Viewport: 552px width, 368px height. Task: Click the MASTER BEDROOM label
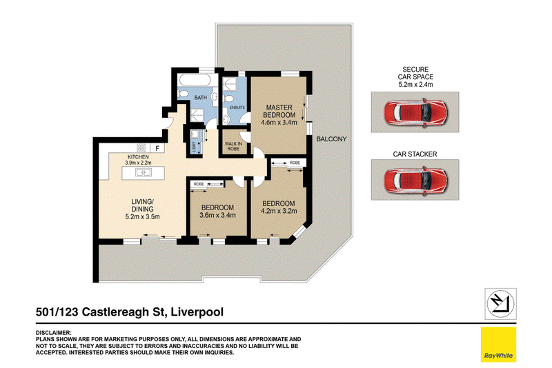279,111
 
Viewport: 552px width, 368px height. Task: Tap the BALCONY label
331,139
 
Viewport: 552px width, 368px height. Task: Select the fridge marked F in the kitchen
157,148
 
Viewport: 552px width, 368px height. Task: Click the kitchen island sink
144,172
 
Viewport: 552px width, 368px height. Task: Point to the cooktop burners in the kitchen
141,147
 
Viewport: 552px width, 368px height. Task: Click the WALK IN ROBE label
233,146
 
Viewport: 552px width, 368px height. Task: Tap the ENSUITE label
237,108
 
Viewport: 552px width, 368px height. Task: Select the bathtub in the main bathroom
195,80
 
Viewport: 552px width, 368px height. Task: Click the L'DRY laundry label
194,147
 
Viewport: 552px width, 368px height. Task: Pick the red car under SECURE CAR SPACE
415,113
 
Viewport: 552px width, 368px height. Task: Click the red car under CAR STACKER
415,181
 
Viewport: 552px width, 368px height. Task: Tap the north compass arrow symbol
500,304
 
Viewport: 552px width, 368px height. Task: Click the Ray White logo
498,345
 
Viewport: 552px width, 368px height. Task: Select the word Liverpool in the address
197,311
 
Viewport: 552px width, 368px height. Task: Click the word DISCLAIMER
54,332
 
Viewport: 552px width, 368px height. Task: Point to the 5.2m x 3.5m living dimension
143,217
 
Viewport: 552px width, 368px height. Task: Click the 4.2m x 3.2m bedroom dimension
279,212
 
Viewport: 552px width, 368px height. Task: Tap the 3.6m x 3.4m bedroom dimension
217,215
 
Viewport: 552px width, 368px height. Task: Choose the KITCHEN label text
138,156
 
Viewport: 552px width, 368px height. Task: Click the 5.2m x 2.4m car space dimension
415,84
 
